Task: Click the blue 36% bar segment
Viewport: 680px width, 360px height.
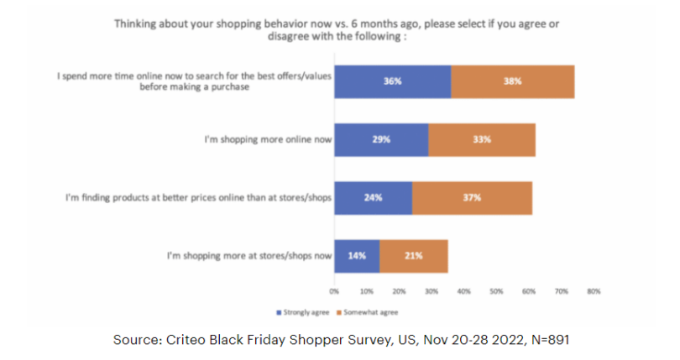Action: point(392,81)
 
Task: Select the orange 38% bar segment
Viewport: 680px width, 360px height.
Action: point(512,81)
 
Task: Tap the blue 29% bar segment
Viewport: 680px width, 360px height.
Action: point(381,139)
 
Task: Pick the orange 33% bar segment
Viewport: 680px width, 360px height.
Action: point(481,139)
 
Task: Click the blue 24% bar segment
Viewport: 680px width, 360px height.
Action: point(373,197)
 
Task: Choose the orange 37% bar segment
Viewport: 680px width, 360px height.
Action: point(472,197)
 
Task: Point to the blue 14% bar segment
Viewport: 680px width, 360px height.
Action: point(357,255)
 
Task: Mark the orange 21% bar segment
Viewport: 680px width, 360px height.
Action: point(413,255)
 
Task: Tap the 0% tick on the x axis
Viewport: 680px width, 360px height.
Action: point(334,291)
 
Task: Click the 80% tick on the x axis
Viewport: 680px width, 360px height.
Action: point(593,291)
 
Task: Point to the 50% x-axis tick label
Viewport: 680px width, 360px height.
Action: point(496,291)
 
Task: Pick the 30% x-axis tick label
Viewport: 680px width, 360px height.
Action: point(432,291)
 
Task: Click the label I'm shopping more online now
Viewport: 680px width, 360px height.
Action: point(267,139)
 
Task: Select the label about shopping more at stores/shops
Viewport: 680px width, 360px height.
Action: point(249,255)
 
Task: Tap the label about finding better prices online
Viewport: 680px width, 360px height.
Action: point(199,197)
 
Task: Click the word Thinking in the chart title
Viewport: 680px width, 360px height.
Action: point(137,23)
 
